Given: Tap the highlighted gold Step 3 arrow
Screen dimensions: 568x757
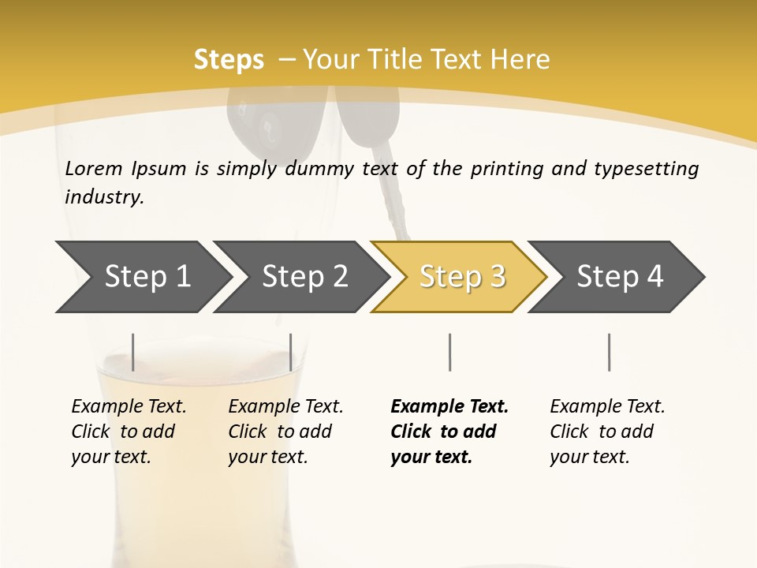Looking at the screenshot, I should click(461, 277).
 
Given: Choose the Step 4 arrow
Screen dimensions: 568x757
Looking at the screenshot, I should click(619, 277).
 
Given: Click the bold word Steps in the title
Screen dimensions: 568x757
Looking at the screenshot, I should click(229, 59).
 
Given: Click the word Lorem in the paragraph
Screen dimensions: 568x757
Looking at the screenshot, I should click(94, 168).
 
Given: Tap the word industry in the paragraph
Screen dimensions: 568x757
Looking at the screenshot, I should click(104, 197).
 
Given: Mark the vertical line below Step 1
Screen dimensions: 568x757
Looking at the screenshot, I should click(133, 352).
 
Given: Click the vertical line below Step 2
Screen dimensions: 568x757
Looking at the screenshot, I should click(291, 352).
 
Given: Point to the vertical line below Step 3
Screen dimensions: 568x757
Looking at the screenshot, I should click(449, 352).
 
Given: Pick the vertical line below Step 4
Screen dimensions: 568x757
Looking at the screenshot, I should click(609, 352).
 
